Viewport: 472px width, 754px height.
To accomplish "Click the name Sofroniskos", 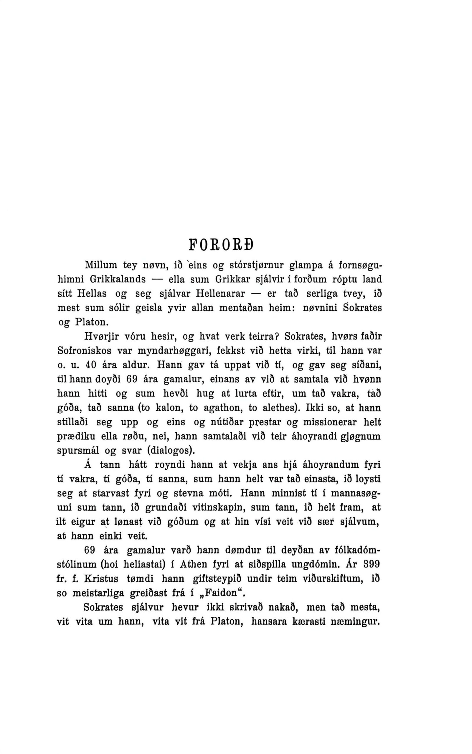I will point(85,350).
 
